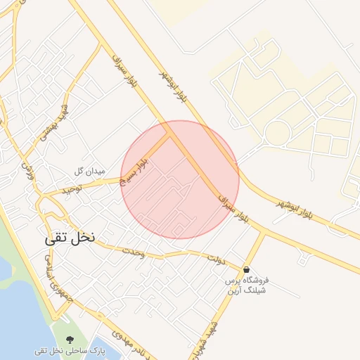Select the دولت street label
coord(215,259)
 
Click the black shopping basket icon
coord(246,269)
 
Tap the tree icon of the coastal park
coord(67,337)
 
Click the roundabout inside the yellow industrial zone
coord(278,131)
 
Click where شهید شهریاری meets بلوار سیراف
coord(265,231)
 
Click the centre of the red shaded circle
coord(180,179)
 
